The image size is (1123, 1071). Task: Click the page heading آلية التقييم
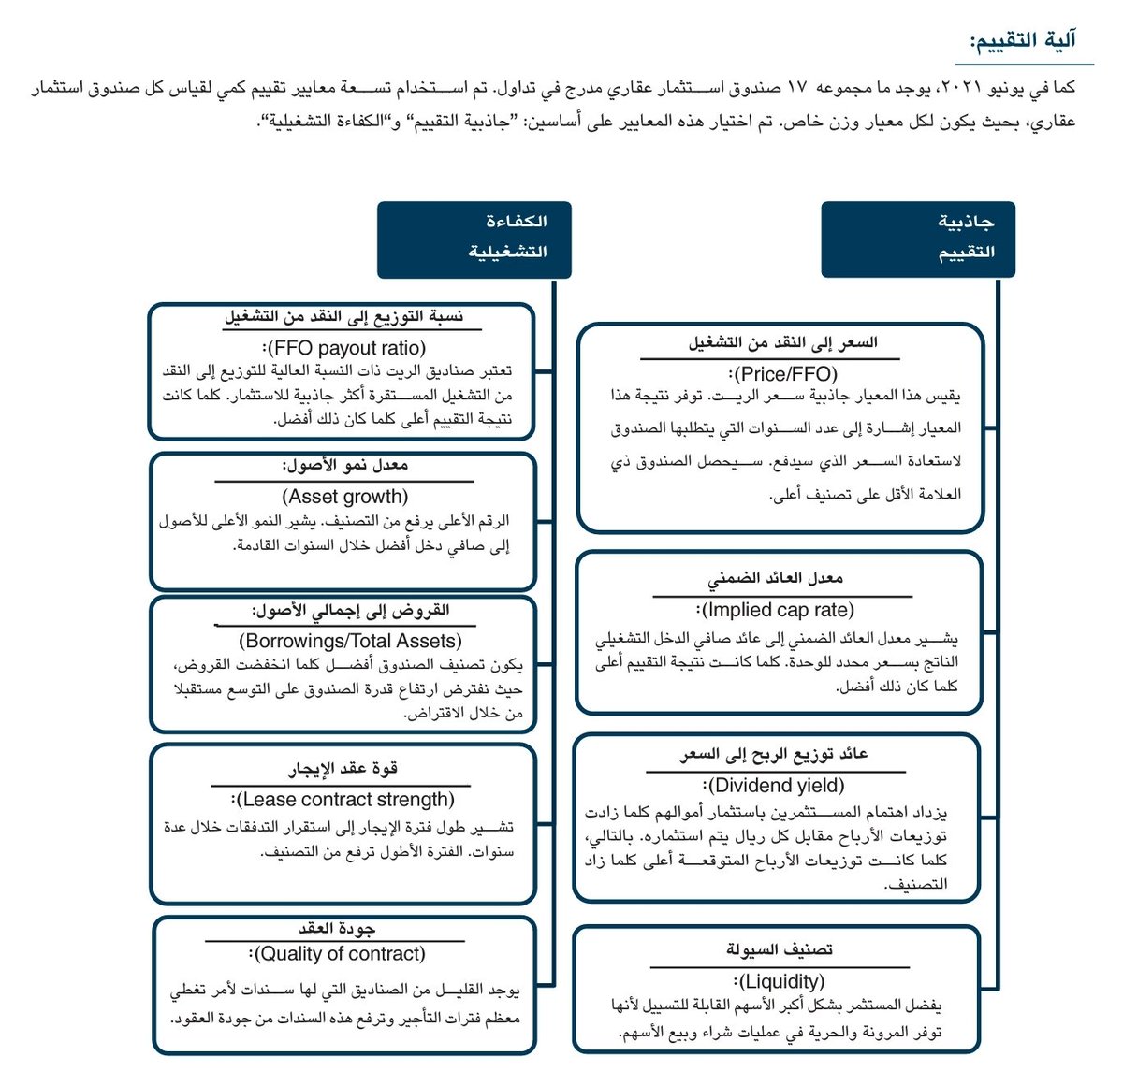1023,39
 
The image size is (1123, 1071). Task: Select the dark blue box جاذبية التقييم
918,239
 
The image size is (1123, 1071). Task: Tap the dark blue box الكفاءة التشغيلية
474,239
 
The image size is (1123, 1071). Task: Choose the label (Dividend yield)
776,786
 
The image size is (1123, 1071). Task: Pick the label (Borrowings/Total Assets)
351,641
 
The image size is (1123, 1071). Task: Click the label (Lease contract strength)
344,800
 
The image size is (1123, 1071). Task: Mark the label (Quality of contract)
339,954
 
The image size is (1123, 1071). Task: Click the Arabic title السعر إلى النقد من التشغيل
782,343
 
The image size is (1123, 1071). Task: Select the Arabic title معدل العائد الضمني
776,579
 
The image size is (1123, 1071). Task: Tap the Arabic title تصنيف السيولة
780,950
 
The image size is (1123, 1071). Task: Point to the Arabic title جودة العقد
337,929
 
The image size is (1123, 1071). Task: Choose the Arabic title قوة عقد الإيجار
343,769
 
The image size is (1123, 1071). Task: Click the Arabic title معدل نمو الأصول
345,465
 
